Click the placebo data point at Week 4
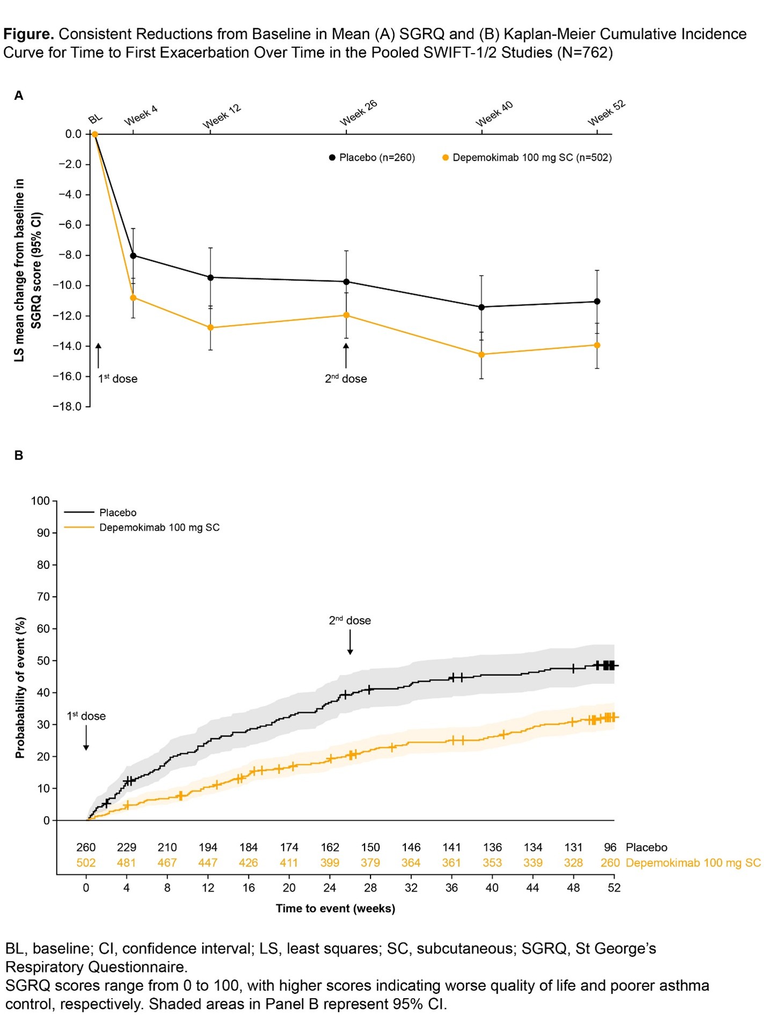tap(133, 256)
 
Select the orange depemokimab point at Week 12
tap(210, 328)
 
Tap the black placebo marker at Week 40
tap(482, 307)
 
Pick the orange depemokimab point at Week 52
tap(598, 345)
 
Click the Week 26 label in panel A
tap(359, 113)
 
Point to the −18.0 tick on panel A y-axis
tap(67, 407)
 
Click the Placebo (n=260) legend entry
tap(372, 157)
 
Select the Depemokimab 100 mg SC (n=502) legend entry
tap(527, 157)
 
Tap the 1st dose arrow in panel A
tap(98, 356)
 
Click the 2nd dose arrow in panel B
tap(350, 643)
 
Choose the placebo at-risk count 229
tap(127, 847)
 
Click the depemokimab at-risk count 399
tap(330, 863)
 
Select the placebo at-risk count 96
tap(610, 847)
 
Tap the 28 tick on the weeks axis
tap(370, 888)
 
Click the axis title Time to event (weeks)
tap(336, 908)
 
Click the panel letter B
tap(19, 456)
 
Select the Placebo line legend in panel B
tap(100, 513)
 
